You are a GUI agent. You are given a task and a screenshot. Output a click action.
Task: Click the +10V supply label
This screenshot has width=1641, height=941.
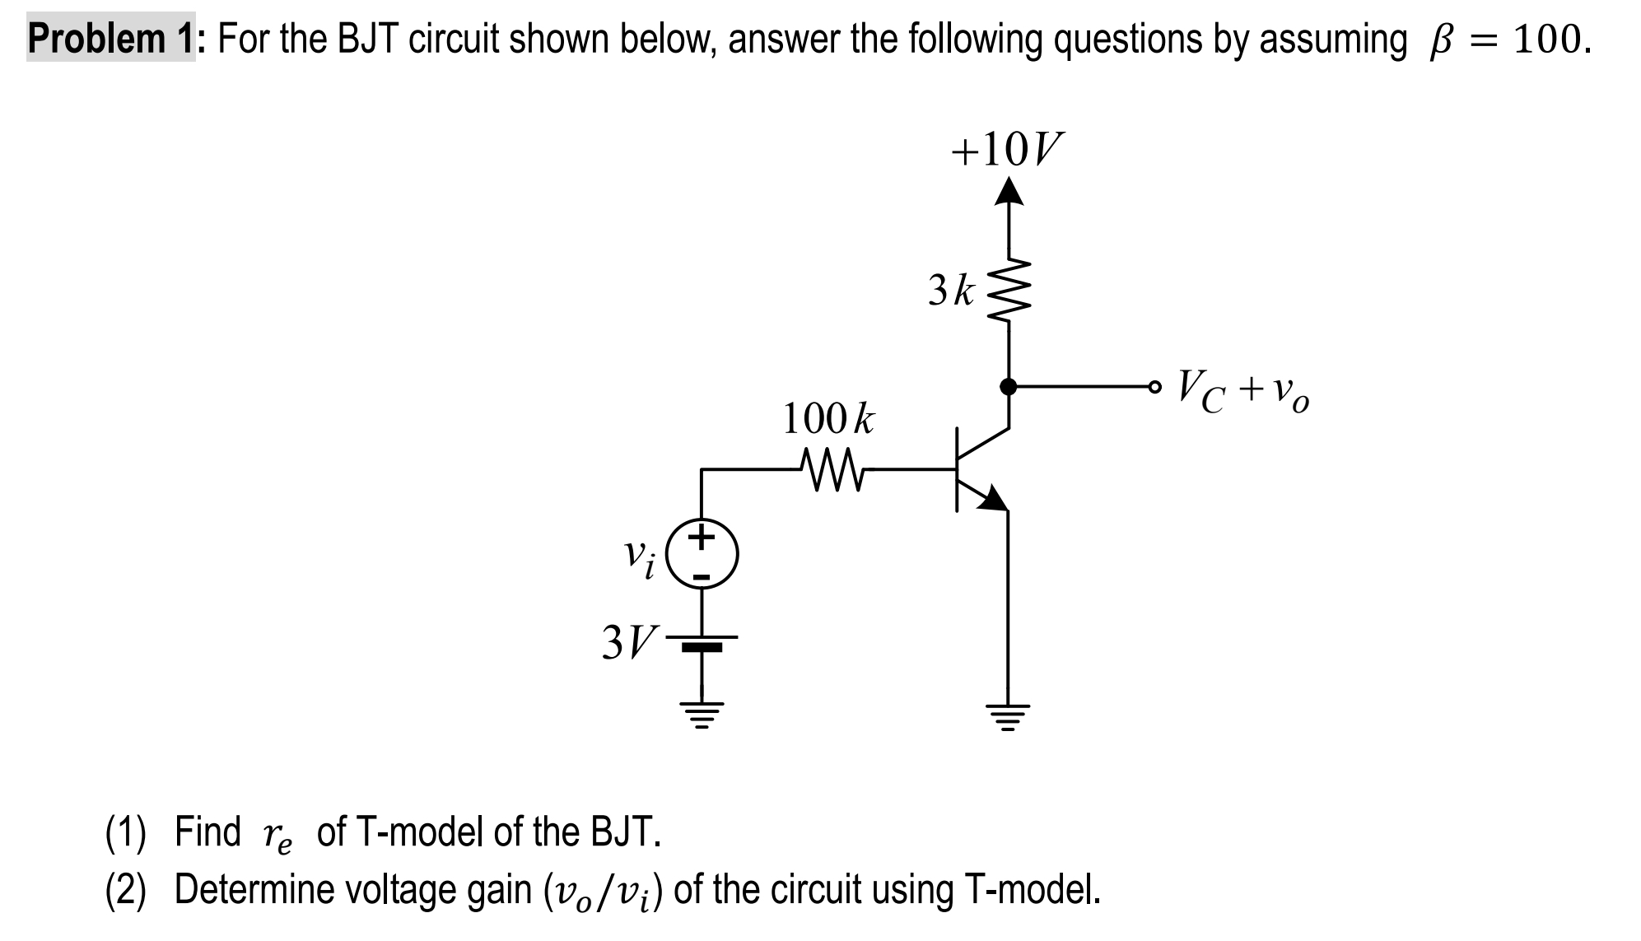coord(1006,149)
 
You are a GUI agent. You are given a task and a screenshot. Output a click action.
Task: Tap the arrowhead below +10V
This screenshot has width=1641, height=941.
coord(1008,192)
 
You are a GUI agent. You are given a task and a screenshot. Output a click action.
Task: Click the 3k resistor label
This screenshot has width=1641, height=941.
coord(951,291)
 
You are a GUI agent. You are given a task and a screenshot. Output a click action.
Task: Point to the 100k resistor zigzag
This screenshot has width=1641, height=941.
coord(832,470)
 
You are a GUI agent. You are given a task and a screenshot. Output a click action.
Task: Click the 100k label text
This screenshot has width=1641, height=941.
coord(827,419)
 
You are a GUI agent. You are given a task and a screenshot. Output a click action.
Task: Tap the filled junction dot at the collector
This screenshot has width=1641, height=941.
coord(1008,385)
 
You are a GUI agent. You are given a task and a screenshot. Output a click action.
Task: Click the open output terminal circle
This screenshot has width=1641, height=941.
coord(1154,385)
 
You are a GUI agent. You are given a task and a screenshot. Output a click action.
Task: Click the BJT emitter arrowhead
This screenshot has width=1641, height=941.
coord(994,498)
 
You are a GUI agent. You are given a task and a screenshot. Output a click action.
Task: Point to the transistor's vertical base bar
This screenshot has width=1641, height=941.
coord(957,469)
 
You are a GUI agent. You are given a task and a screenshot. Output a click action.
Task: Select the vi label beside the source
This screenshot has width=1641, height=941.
coord(639,557)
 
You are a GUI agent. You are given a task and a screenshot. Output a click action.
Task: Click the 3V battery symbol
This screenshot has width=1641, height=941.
coord(702,642)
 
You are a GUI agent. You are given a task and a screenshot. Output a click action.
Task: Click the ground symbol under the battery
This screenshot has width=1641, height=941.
coord(702,715)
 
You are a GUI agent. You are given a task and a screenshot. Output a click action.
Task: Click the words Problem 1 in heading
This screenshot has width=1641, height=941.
coord(111,39)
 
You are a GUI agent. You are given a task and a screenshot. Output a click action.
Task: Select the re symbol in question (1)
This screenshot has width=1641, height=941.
coord(277,835)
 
